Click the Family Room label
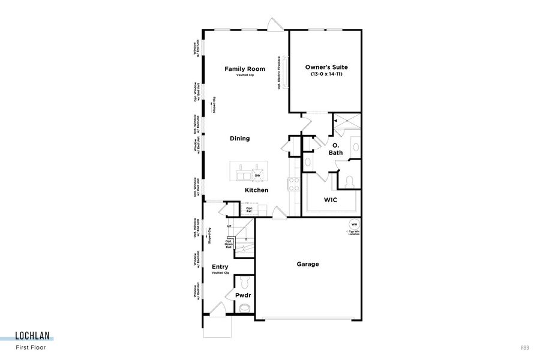pos(244,69)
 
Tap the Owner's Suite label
pos(326,67)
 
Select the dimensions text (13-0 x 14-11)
pos(326,74)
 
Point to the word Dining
pos(239,139)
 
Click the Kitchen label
pos(256,190)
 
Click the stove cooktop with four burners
pos(293,184)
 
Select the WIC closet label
pos(331,200)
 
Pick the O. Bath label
pos(336,149)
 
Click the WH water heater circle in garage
pos(354,224)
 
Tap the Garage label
pos(308,264)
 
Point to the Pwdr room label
pos(242,296)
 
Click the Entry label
pos(220,267)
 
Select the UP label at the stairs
pos(229,226)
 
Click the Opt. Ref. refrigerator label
pos(248,210)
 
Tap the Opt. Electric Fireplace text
pos(280,73)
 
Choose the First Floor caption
pos(31,347)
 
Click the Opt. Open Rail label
pos(229,244)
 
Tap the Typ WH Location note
pos(354,232)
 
